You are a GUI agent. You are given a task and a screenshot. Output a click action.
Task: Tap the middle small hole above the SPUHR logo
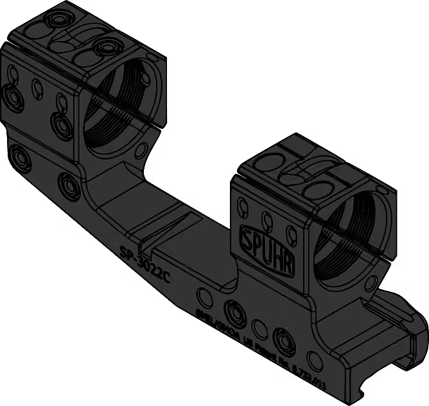pyautogui.click(x=264, y=216)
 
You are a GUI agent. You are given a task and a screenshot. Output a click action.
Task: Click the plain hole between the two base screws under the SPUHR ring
pyautogui.click(x=259, y=329)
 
